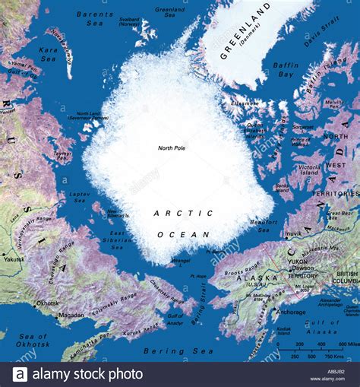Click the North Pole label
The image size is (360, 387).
coord(172,148)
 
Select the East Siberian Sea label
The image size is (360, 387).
coord(118,239)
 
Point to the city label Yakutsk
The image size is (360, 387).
coord(14,259)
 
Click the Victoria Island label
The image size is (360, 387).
coord(310,168)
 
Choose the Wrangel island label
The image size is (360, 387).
coord(180,261)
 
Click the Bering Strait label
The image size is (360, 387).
coord(199,315)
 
